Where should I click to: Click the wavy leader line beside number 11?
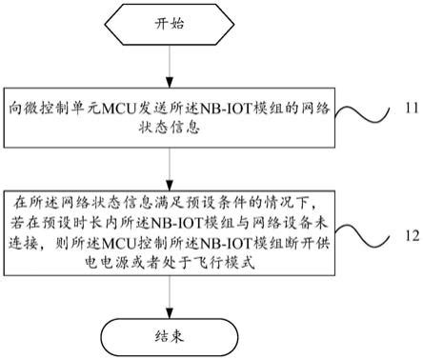pos(367,117)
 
